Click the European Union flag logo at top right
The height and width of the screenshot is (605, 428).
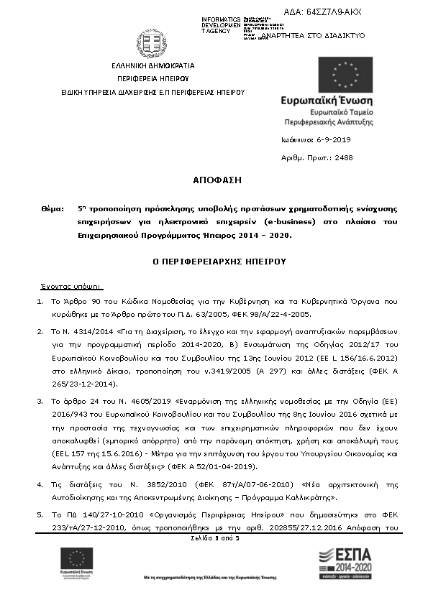point(345,75)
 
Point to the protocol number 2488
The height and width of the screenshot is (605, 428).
point(345,157)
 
